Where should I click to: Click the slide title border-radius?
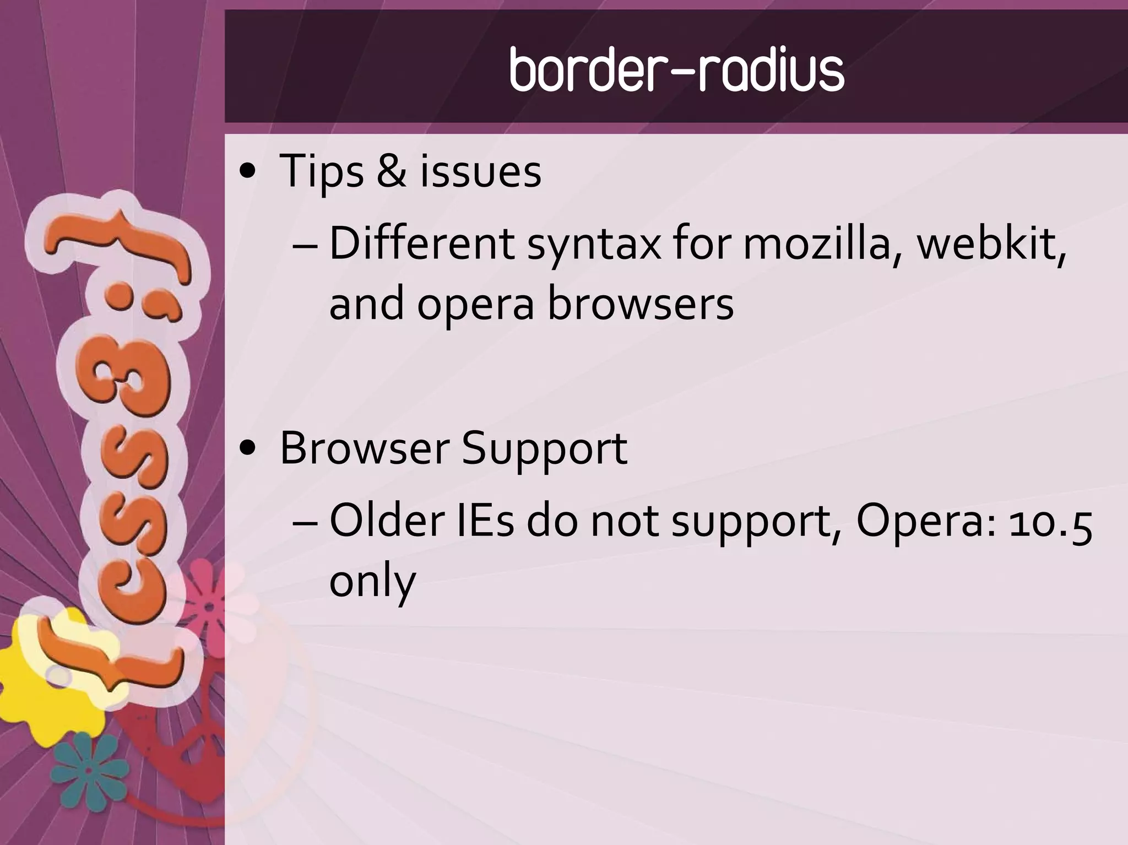coord(676,71)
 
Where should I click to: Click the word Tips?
coord(322,171)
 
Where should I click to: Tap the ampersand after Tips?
coord(392,171)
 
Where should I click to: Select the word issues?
coord(481,171)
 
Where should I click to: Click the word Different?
coord(421,243)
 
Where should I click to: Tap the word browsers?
coord(641,304)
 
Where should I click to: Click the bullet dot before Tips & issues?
coord(249,172)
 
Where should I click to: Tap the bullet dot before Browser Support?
coord(249,449)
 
